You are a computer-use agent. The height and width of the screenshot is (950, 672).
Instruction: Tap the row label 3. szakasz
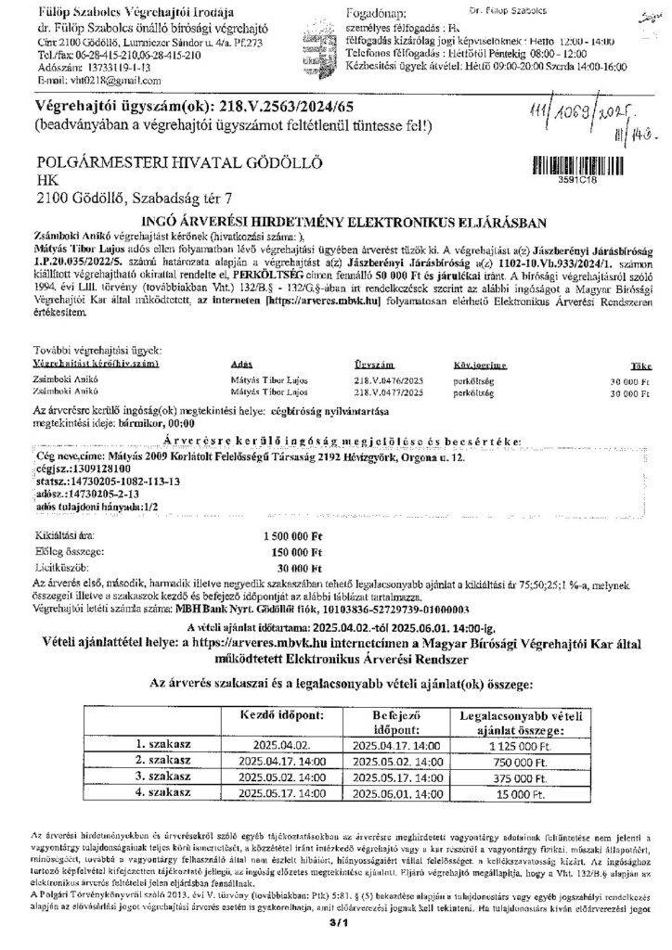click(x=163, y=777)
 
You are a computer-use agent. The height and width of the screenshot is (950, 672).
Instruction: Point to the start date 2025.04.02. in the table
click(x=263, y=744)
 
